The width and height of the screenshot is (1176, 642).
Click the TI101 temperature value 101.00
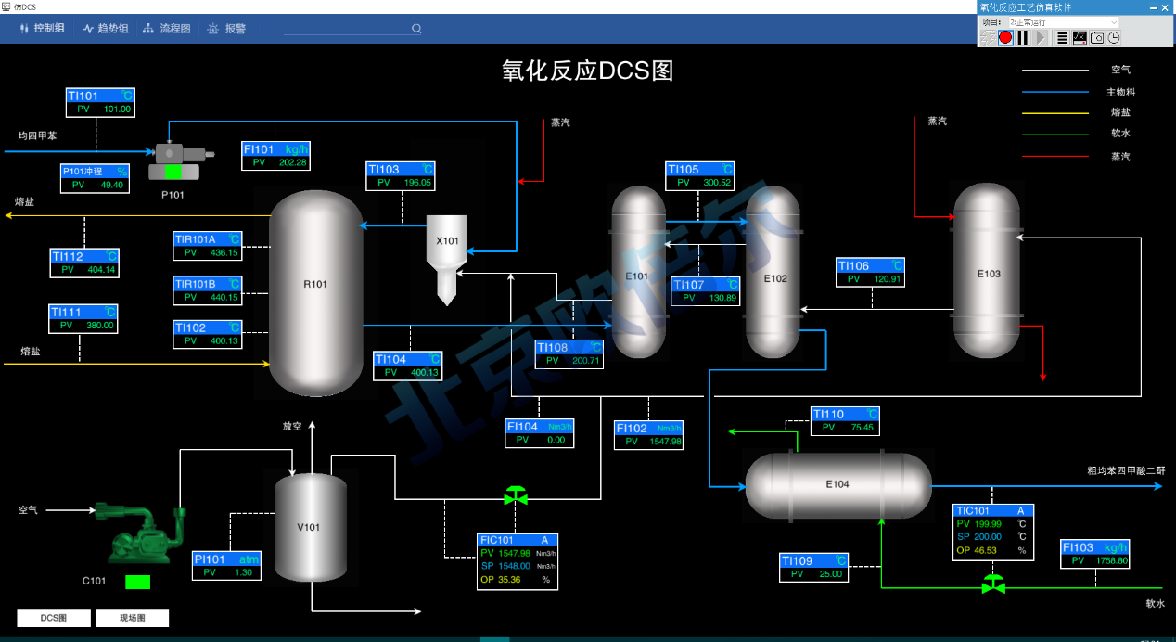pos(117,109)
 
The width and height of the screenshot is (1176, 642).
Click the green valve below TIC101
pos(993,584)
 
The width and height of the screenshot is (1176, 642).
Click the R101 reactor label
pos(315,284)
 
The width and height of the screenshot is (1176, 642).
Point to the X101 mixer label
pos(448,241)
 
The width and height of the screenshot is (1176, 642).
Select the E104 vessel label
pos(837,484)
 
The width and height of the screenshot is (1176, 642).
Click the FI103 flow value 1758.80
pos(1109,560)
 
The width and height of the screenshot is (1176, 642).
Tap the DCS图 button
pos(54,618)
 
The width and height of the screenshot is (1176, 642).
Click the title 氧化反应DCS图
pos(588,71)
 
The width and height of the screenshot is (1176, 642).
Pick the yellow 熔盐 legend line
pos(1055,112)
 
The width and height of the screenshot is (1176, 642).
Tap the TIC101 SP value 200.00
pos(988,536)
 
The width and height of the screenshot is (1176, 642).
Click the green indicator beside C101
pos(137,583)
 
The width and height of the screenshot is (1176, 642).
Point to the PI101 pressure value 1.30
pos(243,572)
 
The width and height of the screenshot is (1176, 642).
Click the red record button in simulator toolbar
pos(1005,37)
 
